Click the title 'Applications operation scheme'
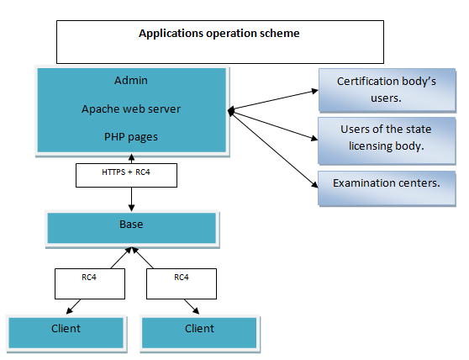coord(219,33)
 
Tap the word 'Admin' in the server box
coord(131,80)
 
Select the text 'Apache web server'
coord(131,109)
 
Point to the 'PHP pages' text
coord(131,137)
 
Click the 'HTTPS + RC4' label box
coord(126,175)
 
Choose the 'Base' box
coord(132,228)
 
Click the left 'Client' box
coord(66,333)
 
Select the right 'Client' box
coord(199,333)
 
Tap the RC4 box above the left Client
coord(90,283)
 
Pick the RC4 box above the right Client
coord(182,283)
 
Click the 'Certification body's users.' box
coord(387,90)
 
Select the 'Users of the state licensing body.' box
coord(387,140)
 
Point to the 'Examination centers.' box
coord(387,188)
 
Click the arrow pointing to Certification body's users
coord(273,100)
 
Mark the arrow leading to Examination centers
coord(274,150)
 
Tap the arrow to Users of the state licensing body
coord(273,125)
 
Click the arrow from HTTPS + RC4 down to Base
coord(131,199)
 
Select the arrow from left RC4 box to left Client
coord(73,306)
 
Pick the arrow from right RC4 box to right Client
coord(192,306)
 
